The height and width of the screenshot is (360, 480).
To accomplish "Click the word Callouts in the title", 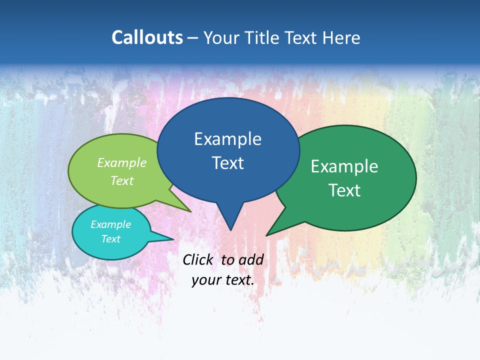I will click(147, 37).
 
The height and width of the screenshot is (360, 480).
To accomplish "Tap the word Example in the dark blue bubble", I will click(227, 139).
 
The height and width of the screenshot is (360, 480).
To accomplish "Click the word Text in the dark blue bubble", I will click(227, 163).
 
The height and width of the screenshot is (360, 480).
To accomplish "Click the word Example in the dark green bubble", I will click(344, 166).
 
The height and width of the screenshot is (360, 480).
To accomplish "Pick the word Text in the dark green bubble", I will click(344, 190).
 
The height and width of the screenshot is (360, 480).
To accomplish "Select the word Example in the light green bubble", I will click(121, 163).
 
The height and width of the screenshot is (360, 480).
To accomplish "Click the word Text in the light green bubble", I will click(121, 180).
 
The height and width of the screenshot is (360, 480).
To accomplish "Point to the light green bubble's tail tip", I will click(190, 211).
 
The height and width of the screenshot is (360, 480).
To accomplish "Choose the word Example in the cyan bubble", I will click(110, 224).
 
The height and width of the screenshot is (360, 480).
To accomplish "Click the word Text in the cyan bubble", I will click(110, 239).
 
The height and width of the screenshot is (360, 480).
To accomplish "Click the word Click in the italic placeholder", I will click(198, 260).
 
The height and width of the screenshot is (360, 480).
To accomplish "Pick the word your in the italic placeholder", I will click(206, 280).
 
